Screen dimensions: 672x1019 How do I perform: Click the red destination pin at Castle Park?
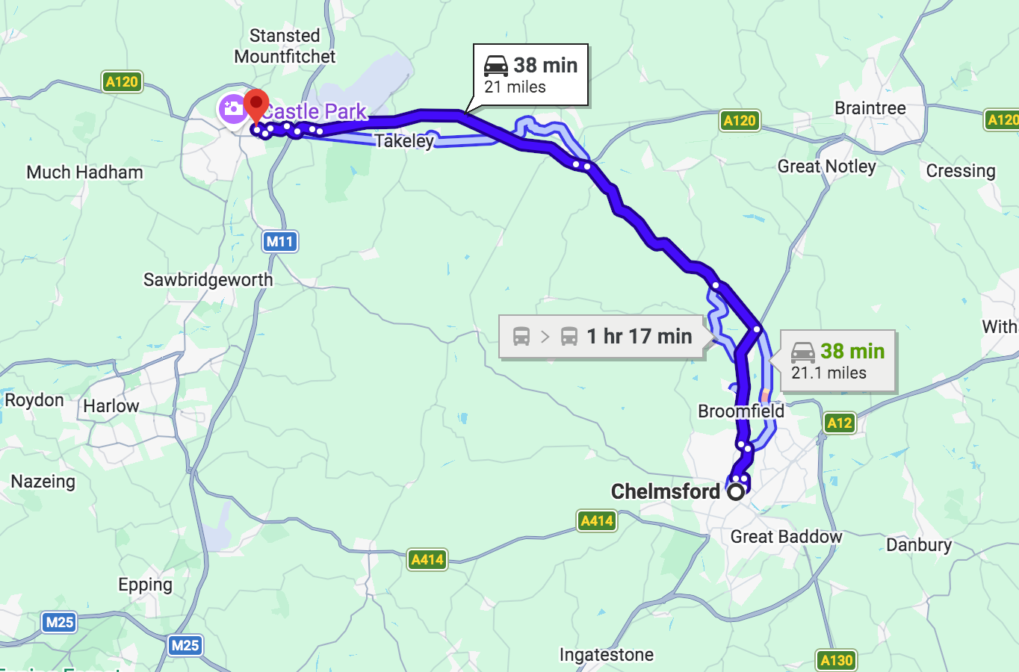tap(256, 105)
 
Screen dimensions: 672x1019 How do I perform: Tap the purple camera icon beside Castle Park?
tap(232, 109)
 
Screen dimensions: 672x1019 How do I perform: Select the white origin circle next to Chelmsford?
tap(737, 491)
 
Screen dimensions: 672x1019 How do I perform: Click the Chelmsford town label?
tap(665, 491)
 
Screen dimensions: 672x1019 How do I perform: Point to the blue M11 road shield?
tap(280, 241)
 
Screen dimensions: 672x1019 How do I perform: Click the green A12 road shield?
tap(839, 423)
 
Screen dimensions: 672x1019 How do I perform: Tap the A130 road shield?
tap(836, 660)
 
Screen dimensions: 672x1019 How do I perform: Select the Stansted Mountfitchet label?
tap(285, 46)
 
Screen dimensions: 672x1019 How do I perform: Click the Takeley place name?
tap(404, 141)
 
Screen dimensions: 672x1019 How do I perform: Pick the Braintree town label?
tap(870, 108)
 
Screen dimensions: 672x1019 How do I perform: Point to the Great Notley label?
tap(826, 167)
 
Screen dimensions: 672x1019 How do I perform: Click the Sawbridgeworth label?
tap(208, 280)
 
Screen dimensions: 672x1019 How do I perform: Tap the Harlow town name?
tap(111, 406)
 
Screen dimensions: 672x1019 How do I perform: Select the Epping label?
tap(145, 585)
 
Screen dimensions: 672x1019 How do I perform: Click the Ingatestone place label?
tap(606, 655)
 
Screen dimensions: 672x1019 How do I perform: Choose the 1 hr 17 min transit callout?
tap(602, 337)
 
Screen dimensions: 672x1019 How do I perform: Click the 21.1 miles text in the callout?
tap(828, 373)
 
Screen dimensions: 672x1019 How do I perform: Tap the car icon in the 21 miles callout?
tap(496, 66)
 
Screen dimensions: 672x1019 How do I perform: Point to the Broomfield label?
tap(740, 411)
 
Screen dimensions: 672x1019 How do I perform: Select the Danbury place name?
tap(918, 545)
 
